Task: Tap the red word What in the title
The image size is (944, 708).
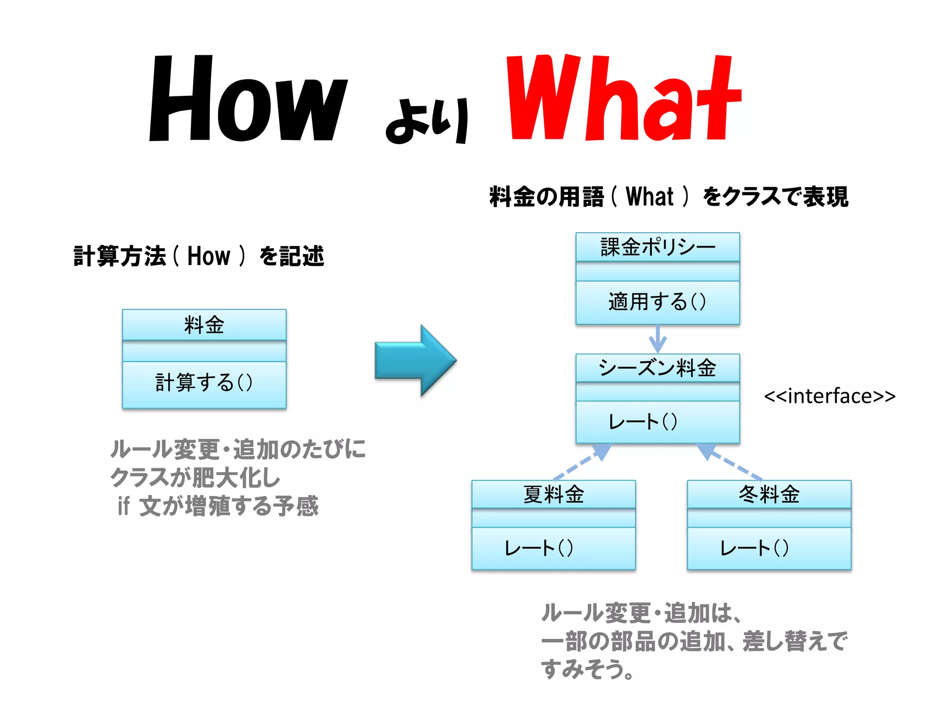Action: tap(623, 98)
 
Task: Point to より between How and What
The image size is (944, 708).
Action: tap(427, 121)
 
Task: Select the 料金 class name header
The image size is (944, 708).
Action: tap(204, 325)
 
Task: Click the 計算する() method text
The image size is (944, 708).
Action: tap(204, 383)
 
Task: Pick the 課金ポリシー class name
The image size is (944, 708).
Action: tap(657, 247)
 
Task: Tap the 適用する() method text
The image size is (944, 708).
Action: tap(657, 302)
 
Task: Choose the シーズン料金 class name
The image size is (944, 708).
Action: tap(657, 368)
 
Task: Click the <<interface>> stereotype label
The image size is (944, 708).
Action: tap(829, 396)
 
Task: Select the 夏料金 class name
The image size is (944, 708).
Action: tap(553, 495)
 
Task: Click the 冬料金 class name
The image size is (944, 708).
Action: tap(769, 495)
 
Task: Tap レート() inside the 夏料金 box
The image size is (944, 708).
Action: tap(538, 549)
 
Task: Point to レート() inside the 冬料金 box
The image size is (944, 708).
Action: tap(754, 549)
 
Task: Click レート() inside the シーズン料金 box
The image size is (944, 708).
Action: tap(643, 422)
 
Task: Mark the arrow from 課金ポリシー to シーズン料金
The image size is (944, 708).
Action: tap(658, 339)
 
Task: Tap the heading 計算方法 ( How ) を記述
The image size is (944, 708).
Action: tap(199, 256)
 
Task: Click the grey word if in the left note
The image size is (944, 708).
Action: tap(124, 506)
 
